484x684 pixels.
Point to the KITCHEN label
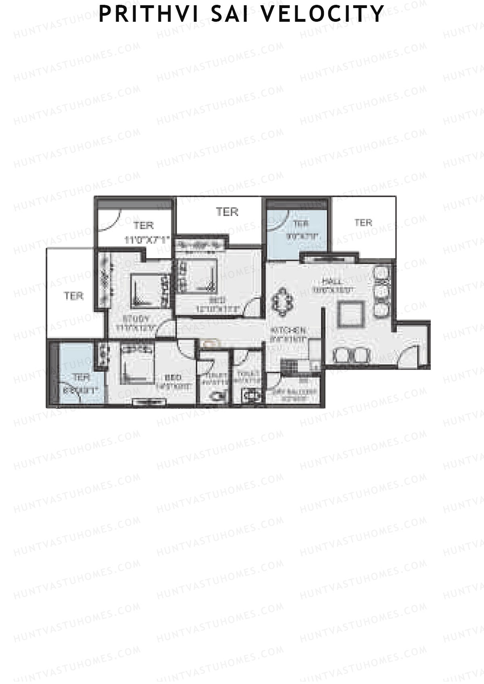coord(288,331)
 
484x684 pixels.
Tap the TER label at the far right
coord(363,222)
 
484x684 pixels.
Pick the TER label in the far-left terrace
coord(74,296)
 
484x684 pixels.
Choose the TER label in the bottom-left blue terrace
coord(81,378)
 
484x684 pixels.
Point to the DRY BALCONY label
coord(300,391)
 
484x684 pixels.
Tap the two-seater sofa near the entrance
coord(352,355)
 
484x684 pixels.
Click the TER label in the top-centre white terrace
coord(227,212)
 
